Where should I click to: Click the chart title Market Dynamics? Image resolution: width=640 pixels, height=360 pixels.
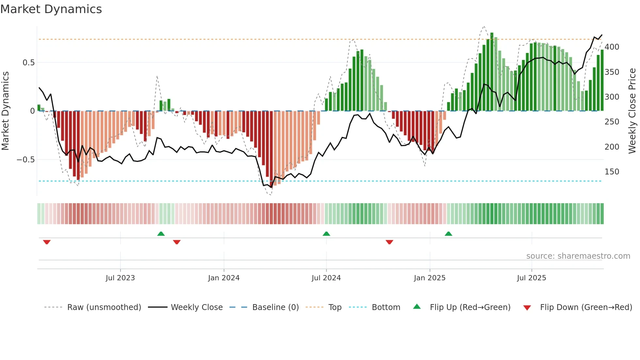[51, 9]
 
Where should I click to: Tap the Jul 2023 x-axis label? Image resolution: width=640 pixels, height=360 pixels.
[120, 278]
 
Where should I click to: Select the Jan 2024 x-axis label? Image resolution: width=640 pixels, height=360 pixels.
[224, 278]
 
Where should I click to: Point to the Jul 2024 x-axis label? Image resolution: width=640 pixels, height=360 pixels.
[326, 278]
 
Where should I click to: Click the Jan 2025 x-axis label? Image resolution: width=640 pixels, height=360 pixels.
[429, 278]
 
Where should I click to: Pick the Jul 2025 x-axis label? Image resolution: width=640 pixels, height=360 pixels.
[531, 278]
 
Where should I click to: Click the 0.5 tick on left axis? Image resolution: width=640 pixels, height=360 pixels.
[28, 62]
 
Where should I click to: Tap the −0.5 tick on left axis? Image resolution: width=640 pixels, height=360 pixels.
[25, 160]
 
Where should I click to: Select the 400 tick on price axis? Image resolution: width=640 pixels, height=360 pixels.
[612, 47]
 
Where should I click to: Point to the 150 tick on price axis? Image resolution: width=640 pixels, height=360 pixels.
[612, 172]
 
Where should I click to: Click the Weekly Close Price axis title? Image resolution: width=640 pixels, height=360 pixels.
[632, 111]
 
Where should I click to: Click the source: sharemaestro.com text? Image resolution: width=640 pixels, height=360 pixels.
[578, 256]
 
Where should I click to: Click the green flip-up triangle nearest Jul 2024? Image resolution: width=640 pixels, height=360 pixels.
[326, 234]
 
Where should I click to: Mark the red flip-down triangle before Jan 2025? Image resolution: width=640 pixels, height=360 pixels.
[389, 242]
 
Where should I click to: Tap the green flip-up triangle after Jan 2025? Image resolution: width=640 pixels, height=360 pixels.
[448, 234]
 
